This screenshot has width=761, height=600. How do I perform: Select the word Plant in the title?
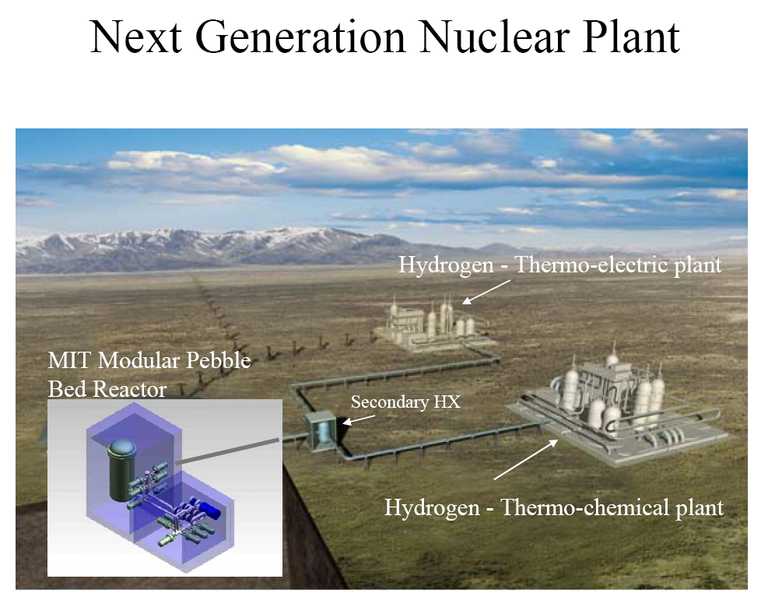(x=631, y=37)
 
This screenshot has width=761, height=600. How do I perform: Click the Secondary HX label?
(x=405, y=402)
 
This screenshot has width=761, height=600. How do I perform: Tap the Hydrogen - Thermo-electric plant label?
(x=560, y=265)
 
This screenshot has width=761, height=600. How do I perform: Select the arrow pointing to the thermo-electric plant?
(x=486, y=292)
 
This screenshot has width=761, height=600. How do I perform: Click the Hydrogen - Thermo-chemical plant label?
(x=554, y=508)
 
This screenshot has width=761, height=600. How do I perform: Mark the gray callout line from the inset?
(x=228, y=451)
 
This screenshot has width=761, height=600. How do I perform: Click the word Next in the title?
(x=136, y=37)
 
